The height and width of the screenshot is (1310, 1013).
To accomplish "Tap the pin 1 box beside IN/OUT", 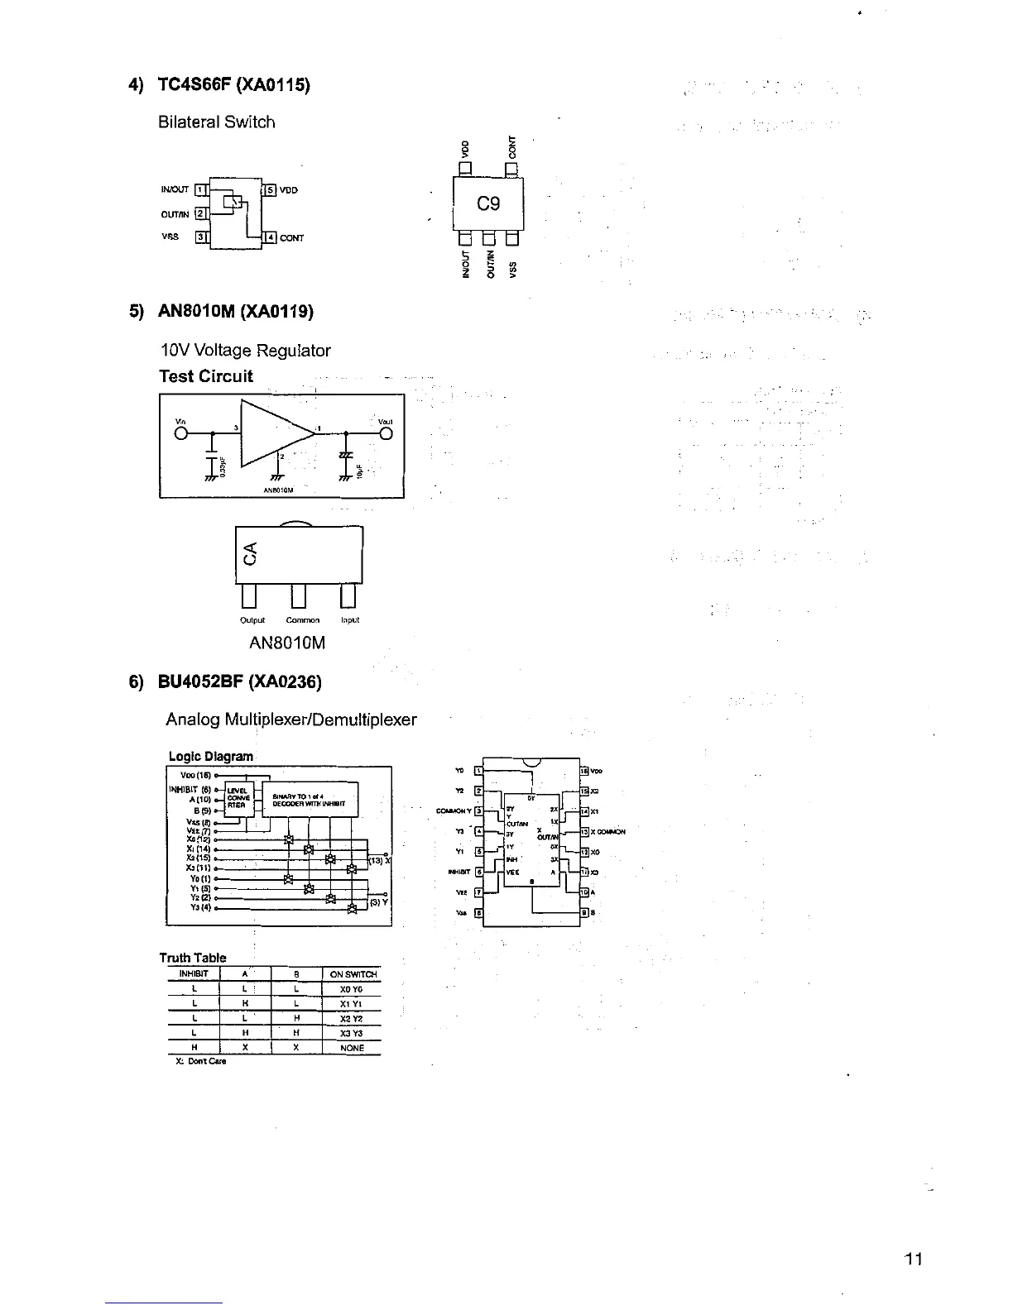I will [x=199, y=189].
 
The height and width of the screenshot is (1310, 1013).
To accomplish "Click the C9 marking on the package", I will [x=487, y=203].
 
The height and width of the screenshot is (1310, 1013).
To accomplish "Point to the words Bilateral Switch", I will [x=216, y=122].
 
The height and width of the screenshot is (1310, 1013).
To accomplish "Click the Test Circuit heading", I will [x=206, y=376].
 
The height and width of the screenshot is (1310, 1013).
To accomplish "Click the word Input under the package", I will [x=349, y=619].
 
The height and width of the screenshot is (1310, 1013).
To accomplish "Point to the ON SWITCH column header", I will [x=353, y=974].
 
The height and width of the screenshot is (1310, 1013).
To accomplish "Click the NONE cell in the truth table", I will [x=353, y=1048].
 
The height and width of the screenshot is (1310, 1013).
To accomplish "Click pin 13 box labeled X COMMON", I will [x=584, y=832].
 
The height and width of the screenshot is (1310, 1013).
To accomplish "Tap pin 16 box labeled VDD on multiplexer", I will [x=584, y=771].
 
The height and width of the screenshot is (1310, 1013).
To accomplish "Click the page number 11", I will [x=914, y=1260].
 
